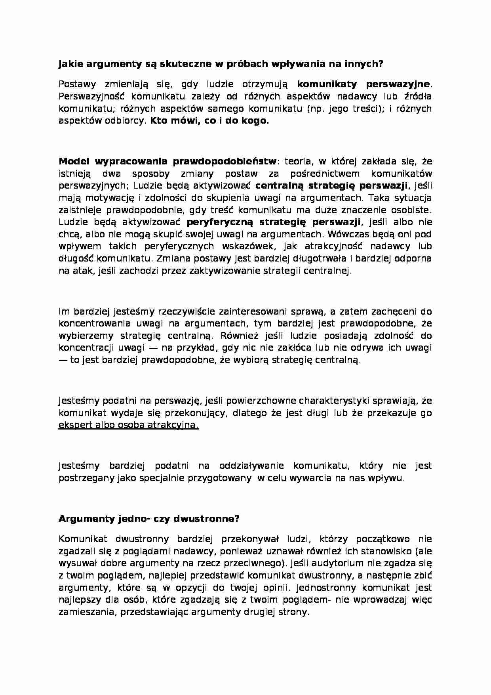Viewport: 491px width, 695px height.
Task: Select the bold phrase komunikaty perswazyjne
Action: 363,84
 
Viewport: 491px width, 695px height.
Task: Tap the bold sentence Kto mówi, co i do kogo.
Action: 209,121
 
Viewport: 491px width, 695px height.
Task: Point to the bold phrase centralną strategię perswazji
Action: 331,185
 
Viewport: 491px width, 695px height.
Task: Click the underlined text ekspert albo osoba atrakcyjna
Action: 128,425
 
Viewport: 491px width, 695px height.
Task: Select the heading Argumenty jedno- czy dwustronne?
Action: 149,519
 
